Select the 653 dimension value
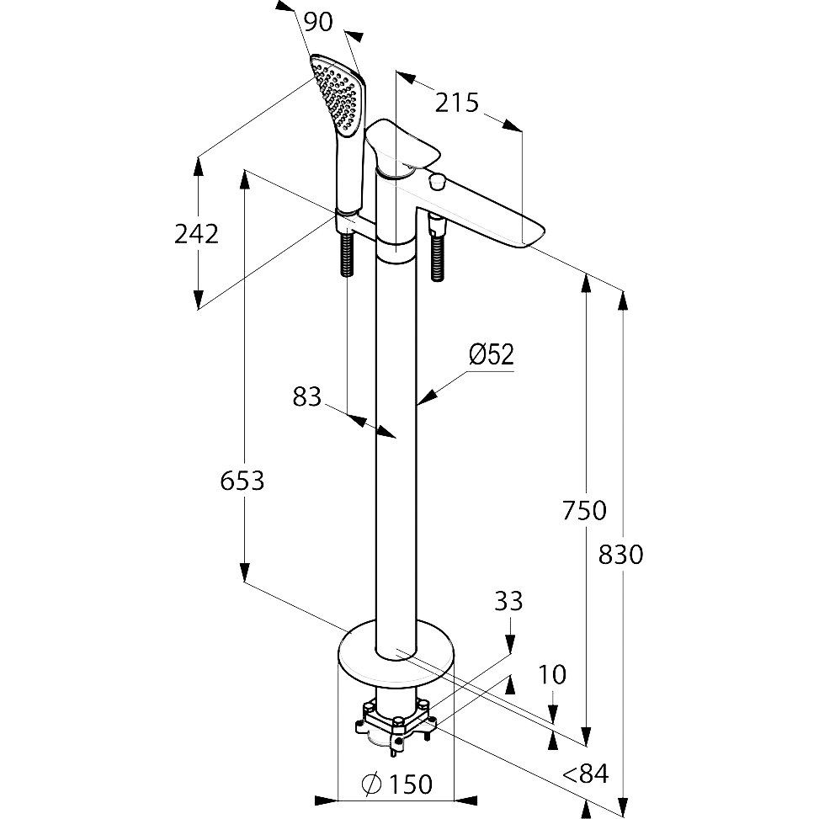tap(242, 481)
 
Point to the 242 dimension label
tap(196, 233)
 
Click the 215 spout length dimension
tap(457, 103)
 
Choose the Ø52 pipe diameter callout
tap(491, 355)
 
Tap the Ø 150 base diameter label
tap(396, 784)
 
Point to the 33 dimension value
tap(508, 601)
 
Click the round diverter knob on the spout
tap(436, 180)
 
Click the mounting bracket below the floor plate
tap(395, 721)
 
